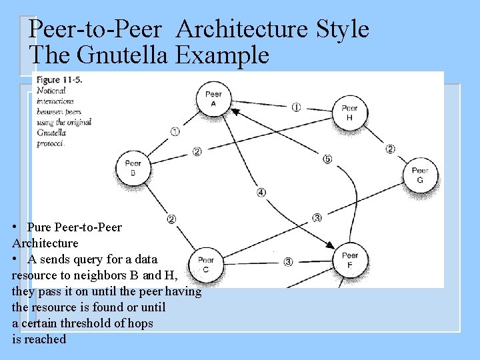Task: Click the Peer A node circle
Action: click(213, 99)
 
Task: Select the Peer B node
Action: click(133, 167)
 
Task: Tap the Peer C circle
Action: click(205, 264)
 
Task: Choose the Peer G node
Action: click(419, 175)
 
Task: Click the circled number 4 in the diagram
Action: click(261, 193)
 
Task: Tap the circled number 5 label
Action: click(327, 159)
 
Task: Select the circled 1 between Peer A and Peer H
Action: click(296, 107)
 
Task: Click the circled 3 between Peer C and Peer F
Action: click(288, 262)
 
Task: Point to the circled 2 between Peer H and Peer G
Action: click(390, 149)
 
